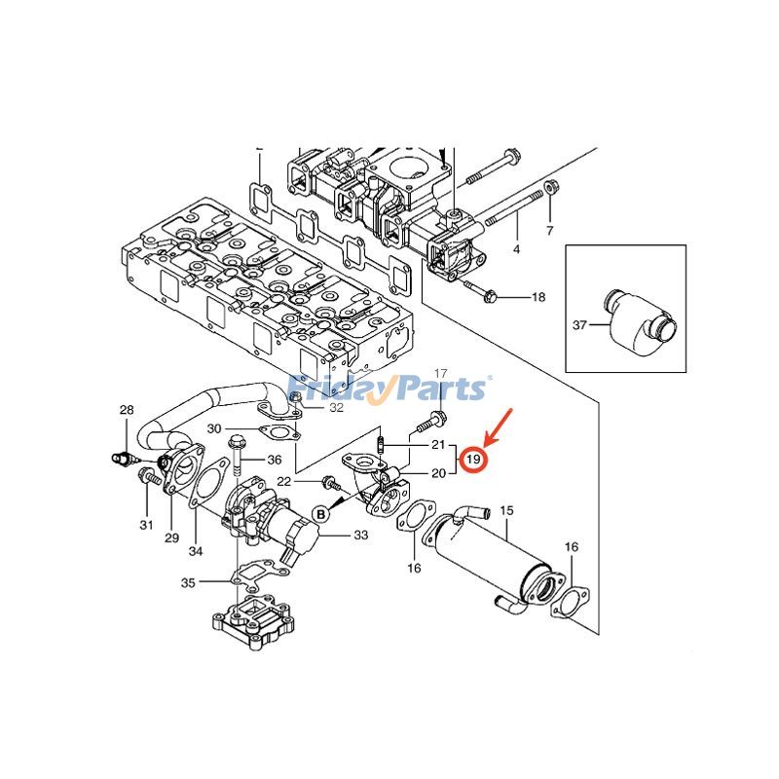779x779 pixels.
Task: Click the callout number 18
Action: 538,296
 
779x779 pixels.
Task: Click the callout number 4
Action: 516,249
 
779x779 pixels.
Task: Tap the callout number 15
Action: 505,510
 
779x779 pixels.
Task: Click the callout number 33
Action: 360,535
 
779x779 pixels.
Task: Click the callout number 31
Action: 146,525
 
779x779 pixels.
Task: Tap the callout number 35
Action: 188,582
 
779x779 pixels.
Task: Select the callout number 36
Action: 274,461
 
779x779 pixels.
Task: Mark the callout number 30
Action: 214,429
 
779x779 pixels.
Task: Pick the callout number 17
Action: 440,374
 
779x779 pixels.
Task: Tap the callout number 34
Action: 196,552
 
